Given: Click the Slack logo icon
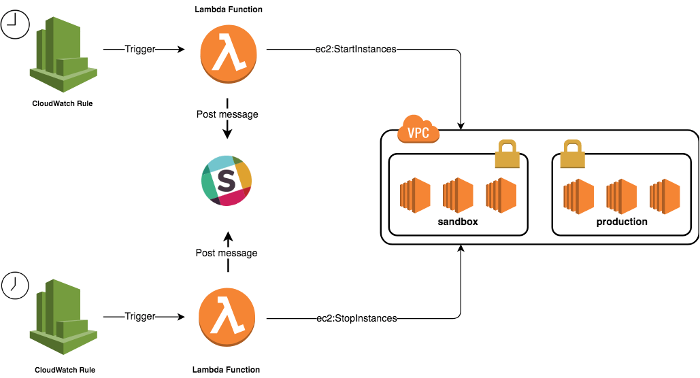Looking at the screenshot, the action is point(227,181).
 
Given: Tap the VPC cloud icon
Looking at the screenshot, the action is point(418,129).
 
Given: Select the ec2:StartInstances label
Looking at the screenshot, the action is point(356,49).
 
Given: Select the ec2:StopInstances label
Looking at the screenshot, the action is point(356,318).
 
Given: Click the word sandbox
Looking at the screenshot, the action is point(458,222).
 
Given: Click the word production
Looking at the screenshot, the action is point(622,222).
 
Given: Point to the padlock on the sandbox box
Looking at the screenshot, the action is point(507,154).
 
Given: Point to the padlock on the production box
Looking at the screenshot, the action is point(572,154).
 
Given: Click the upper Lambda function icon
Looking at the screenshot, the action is point(229,54).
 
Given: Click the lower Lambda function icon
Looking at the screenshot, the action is point(227,317).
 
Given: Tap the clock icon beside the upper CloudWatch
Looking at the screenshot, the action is point(15,24).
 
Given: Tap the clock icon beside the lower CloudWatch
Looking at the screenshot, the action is point(15,285).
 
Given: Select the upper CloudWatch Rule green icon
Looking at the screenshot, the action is point(63,54).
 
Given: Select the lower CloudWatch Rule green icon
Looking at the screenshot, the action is point(63,317).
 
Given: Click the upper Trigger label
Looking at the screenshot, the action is point(140,49).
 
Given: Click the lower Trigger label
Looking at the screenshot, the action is point(140,316).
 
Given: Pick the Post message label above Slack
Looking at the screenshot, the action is point(227,114).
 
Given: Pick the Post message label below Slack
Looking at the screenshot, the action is point(227,253).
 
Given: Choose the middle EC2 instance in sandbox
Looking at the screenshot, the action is point(458,195).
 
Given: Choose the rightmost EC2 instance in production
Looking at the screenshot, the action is point(665,196).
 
